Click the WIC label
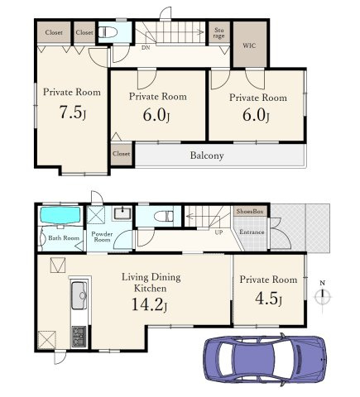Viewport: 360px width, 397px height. pyautogui.click(x=249, y=45)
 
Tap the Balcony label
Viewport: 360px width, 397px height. pyautogui.click(x=207, y=155)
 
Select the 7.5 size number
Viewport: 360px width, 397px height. pyautogui.click(x=70, y=112)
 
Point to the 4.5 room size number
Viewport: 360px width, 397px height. pyautogui.click(x=266, y=299)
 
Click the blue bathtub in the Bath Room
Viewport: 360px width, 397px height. pyautogui.click(x=60, y=215)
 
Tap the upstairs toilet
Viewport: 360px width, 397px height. pyautogui.click(x=108, y=32)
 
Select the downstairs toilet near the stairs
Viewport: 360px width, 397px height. pyautogui.click(x=164, y=216)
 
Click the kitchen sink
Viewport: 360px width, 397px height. pyautogui.click(x=79, y=295)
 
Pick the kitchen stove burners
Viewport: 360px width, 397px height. pyautogui.click(x=79, y=336)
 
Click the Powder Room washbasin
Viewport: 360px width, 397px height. pyautogui.click(x=122, y=213)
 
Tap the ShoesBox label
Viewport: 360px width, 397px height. pyautogui.click(x=250, y=212)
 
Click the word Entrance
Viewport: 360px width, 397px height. pyautogui.click(x=252, y=232)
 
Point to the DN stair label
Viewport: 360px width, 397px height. pyautogui.click(x=146, y=47)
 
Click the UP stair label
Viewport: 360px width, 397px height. pyautogui.click(x=218, y=232)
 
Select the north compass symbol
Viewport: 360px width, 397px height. pyautogui.click(x=323, y=296)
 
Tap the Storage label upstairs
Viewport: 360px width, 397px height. pyautogui.click(x=218, y=33)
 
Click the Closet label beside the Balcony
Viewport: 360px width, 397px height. pyautogui.click(x=122, y=154)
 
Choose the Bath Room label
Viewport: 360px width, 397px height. pyautogui.click(x=64, y=237)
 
